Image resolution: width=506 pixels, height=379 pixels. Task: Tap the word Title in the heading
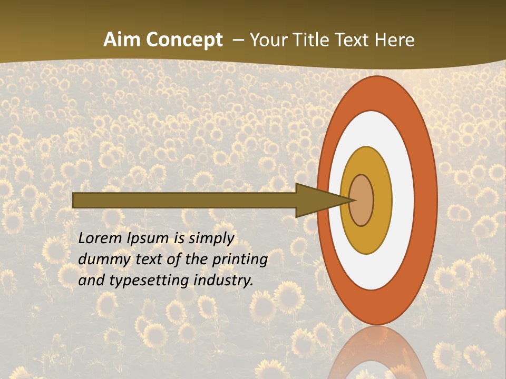[x=310, y=40]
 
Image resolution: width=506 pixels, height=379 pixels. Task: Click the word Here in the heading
[x=394, y=40]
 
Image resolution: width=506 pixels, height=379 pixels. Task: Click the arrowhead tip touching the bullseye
[x=352, y=200]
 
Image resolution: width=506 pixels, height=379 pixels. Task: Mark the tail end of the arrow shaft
[x=74, y=200]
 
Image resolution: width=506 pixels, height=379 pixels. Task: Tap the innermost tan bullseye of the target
[x=363, y=200]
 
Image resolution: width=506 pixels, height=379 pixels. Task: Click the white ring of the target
[x=403, y=200]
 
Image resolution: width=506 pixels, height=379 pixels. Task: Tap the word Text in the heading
[x=353, y=40]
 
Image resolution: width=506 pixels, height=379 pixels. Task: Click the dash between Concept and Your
[x=238, y=41]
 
